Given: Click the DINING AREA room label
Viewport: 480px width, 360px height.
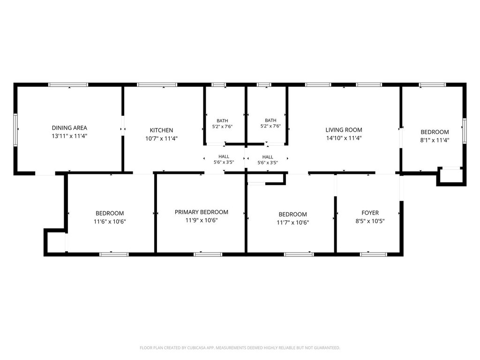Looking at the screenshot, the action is (69, 128).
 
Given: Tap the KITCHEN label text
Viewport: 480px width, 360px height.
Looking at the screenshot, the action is (161, 130).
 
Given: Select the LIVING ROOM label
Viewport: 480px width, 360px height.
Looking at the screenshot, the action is (344, 130).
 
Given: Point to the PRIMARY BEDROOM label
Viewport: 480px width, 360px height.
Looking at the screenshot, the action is (202, 212).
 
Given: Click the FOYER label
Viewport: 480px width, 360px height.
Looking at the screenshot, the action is (370, 213).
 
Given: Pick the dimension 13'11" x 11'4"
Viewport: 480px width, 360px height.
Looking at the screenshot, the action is (69, 136).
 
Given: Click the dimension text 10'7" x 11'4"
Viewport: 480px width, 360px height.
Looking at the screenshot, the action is (161, 139).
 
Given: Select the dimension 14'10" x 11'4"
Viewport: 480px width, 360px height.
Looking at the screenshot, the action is (344, 138).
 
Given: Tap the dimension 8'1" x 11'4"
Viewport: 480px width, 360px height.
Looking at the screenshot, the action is (435, 140).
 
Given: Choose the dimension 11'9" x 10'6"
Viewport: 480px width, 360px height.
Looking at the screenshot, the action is (202, 220).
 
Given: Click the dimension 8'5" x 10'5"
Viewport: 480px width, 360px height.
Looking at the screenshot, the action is (370, 221).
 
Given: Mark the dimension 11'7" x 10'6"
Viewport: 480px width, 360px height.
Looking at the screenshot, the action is (292, 223).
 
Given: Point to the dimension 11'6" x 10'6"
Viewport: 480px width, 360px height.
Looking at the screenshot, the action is (110, 221).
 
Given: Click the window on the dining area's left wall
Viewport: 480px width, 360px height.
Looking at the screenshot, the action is (15, 130).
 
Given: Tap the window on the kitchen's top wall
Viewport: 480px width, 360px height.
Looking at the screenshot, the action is (157, 85).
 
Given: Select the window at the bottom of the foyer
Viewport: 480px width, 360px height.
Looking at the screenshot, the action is (374, 254).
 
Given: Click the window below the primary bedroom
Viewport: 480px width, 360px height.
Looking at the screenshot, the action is (208, 254).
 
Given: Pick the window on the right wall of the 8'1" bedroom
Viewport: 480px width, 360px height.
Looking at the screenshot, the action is (465, 131).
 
